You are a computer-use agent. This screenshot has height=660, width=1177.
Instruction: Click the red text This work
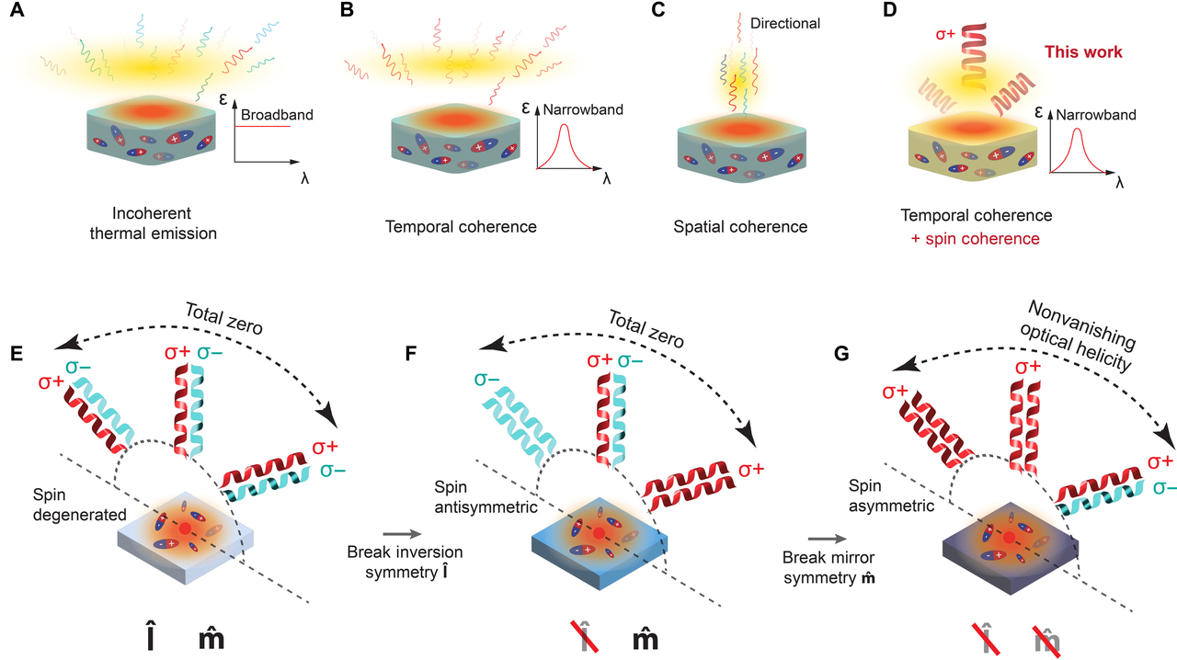(1081, 52)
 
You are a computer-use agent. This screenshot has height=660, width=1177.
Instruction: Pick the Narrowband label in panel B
(583, 109)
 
